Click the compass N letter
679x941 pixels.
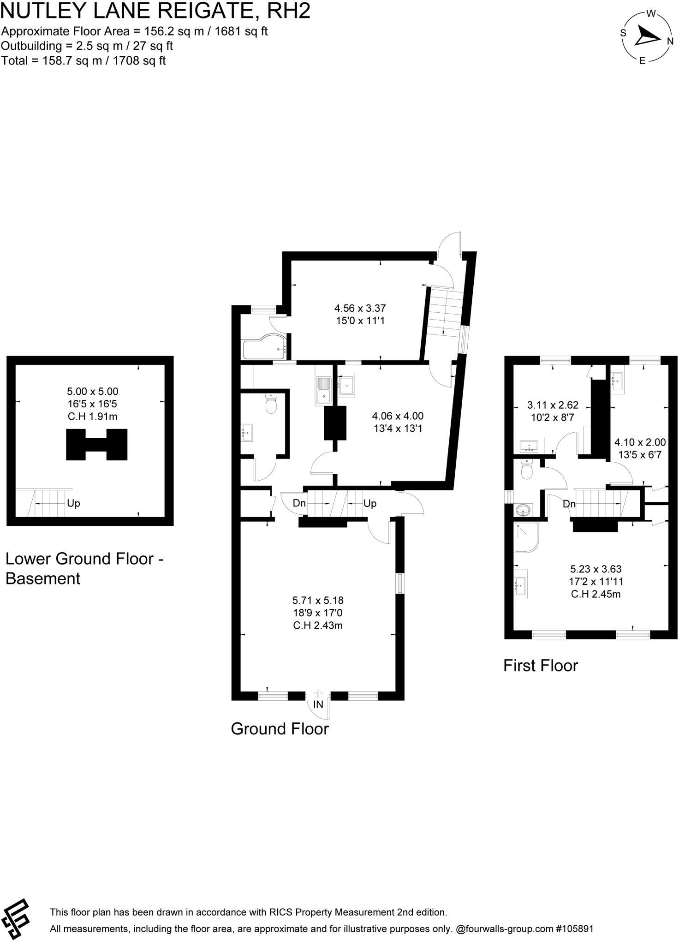pyautogui.click(x=670, y=41)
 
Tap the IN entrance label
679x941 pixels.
pyautogui.click(x=318, y=704)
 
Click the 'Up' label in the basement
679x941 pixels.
pyautogui.click(x=73, y=503)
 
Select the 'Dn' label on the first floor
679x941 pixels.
pyautogui.click(x=569, y=504)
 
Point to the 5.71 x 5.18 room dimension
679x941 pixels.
pyautogui.click(x=318, y=600)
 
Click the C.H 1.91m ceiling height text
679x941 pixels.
pyautogui.click(x=92, y=417)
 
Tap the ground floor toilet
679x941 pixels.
pyautogui.click(x=271, y=404)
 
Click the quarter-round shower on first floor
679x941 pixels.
pyautogui.click(x=526, y=537)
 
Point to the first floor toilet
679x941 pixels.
pyautogui.click(x=526, y=469)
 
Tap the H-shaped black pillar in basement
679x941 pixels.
pyautogui.click(x=97, y=444)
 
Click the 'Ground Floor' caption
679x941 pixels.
pyautogui.click(x=280, y=729)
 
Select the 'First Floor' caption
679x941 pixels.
pyautogui.click(x=540, y=666)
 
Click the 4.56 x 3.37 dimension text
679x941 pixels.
pyautogui.click(x=360, y=308)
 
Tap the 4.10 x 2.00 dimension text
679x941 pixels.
pyautogui.click(x=640, y=442)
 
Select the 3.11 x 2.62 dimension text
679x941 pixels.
pyautogui.click(x=553, y=405)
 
